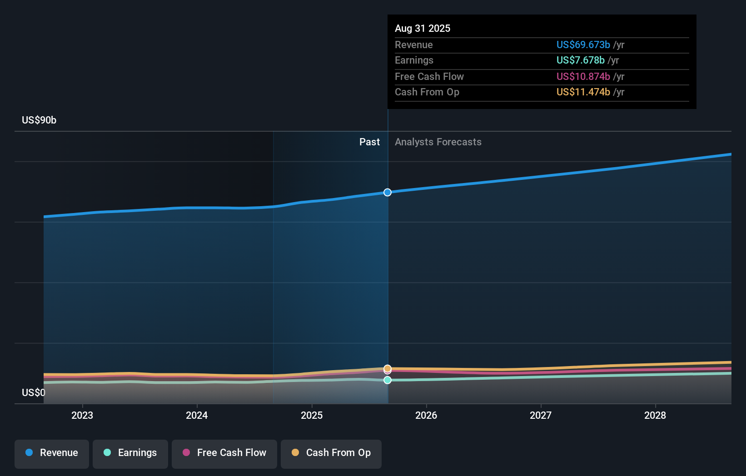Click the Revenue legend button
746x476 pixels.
click(x=52, y=453)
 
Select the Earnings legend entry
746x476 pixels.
click(x=130, y=453)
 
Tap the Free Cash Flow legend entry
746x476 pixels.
click(x=224, y=453)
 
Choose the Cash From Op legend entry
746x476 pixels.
click(x=331, y=453)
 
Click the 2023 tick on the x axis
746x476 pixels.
click(x=82, y=415)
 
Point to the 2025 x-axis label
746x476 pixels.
click(x=312, y=415)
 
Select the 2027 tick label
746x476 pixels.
click(x=541, y=415)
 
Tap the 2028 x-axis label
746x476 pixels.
click(x=655, y=415)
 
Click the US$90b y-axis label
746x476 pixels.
click(x=39, y=120)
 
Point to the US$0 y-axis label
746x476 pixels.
click(x=34, y=392)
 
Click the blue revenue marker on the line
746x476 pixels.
click(x=388, y=193)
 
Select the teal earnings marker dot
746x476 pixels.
click(x=388, y=380)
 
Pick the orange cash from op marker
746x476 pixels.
click(x=388, y=368)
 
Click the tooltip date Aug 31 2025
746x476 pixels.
click(x=423, y=28)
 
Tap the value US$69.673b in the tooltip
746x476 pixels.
click(x=583, y=45)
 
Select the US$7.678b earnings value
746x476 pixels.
click(x=580, y=60)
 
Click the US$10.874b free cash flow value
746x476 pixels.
click(x=583, y=76)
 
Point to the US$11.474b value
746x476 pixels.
click(x=583, y=92)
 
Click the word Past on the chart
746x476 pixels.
click(x=369, y=142)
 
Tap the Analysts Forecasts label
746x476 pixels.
click(x=438, y=142)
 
